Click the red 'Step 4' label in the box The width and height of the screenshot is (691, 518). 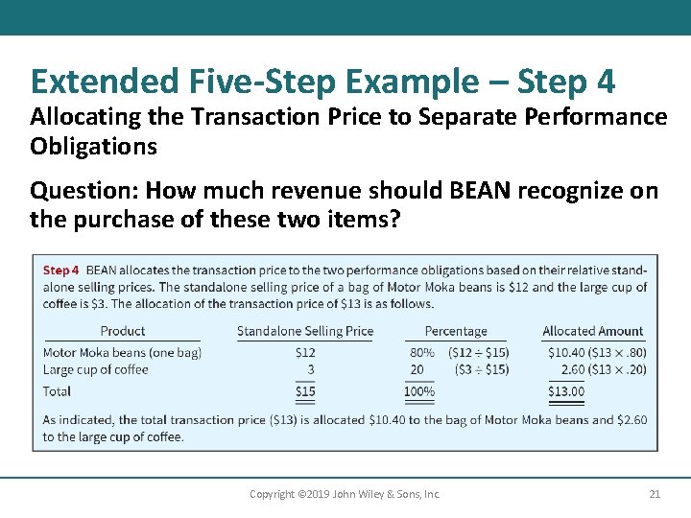pos(60,271)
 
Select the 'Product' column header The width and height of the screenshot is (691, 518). pos(123,331)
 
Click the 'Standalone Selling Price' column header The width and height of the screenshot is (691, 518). pos(305,331)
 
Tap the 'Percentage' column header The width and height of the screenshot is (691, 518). pos(456,331)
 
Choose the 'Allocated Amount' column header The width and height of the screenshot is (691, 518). pos(593,331)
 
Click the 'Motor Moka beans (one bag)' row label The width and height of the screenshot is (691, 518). pos(122,352)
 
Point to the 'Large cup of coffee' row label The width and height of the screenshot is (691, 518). pos(96,369)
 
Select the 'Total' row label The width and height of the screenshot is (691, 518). pos(57,391)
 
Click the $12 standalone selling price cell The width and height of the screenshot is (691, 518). pos(305,352)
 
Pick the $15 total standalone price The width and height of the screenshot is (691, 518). pos(305,391)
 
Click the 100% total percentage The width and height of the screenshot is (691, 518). pos(418,391)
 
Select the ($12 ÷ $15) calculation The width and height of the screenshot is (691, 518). pos(479,352)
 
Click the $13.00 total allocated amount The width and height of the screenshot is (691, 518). pos(565,391)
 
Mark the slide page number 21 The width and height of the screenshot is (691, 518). pos(655,494)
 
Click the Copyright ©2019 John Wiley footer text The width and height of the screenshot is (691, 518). pos(345,494)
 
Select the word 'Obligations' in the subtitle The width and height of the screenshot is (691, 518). pos(92,146)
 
